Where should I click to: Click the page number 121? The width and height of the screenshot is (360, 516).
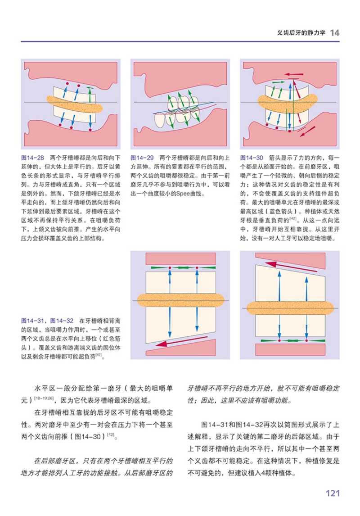pyautogui.click(x=332, y=493)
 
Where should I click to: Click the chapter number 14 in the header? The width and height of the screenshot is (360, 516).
pyautogui.click(x=334, y=32)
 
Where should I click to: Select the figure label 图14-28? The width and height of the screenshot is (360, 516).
pyautogui.click(x=32, y=158)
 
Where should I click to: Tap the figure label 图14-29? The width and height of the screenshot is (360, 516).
pyautogui.click(x=142, y=158)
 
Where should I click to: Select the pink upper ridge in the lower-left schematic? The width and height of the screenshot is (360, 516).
pyautogui.click(x=180, y=259)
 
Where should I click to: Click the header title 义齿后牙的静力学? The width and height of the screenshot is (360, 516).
pyautogui.click(x=301, y=33)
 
